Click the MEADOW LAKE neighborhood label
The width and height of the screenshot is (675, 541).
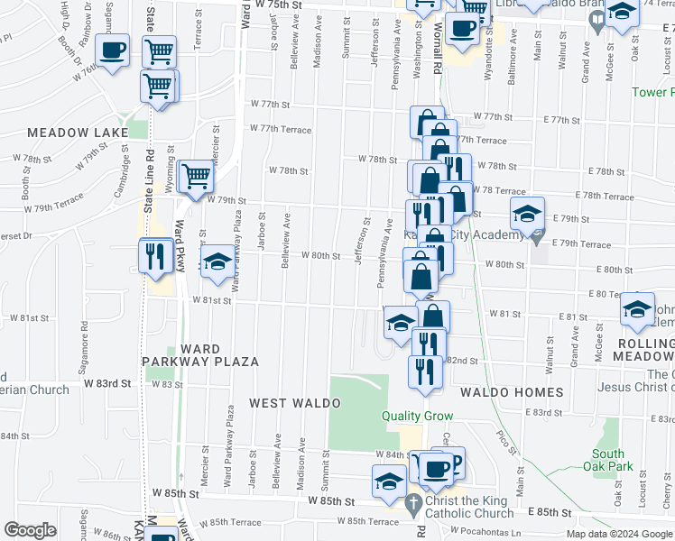tap(78, 133)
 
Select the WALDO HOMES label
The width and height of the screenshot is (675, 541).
tap(512, 392)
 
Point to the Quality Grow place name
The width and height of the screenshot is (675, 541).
tap(415, 416)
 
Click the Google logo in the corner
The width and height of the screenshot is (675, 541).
tap(30, 530)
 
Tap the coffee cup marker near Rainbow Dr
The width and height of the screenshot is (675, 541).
tap(112, 50)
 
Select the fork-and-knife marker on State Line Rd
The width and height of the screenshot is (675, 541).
tap(155, 255)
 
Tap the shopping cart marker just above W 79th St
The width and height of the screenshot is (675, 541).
tap(195, 177)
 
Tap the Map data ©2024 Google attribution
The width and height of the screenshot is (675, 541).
tap(619, 534)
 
